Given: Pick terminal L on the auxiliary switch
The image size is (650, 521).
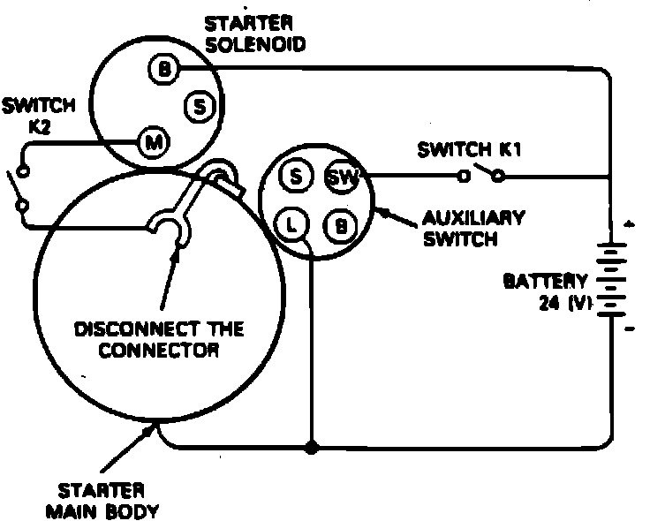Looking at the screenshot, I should [292, 224].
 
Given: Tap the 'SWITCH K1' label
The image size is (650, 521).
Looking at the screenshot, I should [470, 150].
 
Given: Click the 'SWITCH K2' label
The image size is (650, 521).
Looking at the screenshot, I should [38, 116].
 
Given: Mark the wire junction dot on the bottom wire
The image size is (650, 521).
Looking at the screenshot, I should [311, 448].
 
